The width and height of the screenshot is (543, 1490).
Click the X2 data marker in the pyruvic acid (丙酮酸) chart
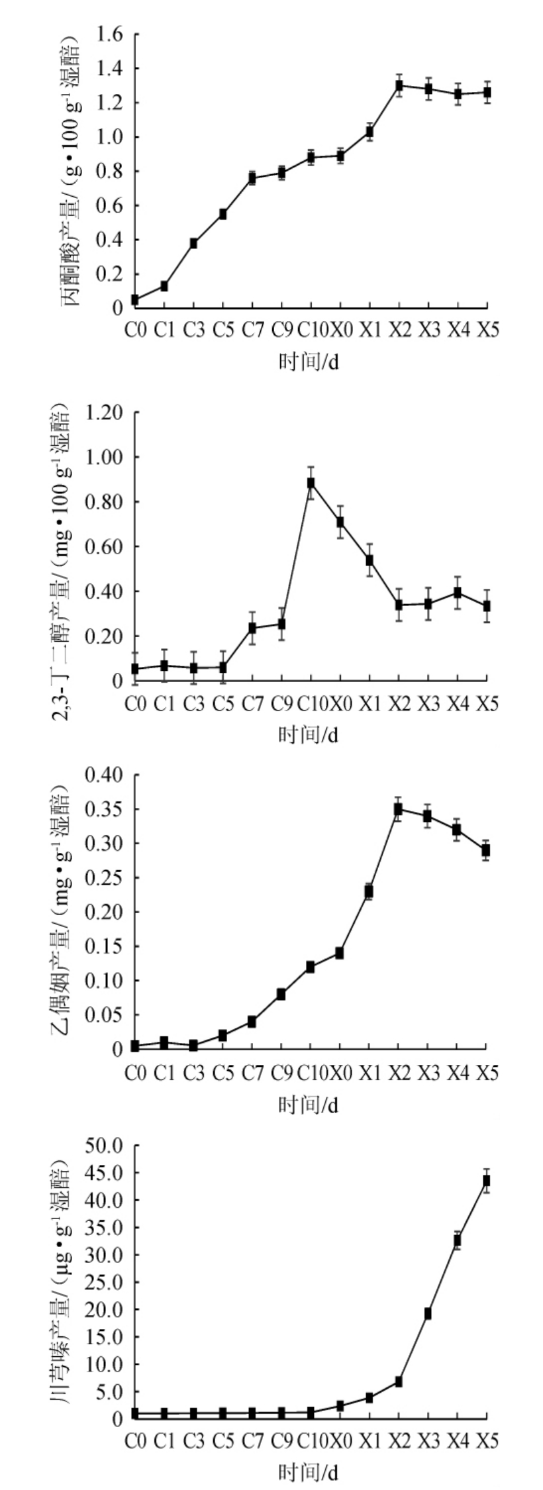click(x=399, y=85)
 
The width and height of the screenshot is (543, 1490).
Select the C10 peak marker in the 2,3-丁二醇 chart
click(x=311, y=483)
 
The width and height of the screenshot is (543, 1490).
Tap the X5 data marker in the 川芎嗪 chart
click(x=487, y=1181)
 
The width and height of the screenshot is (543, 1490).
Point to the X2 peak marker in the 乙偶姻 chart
click(x=399, y=809)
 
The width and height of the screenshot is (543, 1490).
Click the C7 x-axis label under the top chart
click(x=252, y=330)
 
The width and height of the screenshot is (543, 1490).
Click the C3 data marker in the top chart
click(x=193, y=243)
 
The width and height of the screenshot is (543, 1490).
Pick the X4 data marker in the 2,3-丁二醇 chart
click(x=458, y=593)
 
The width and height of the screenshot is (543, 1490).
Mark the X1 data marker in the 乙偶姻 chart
click(x=369, y=891)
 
